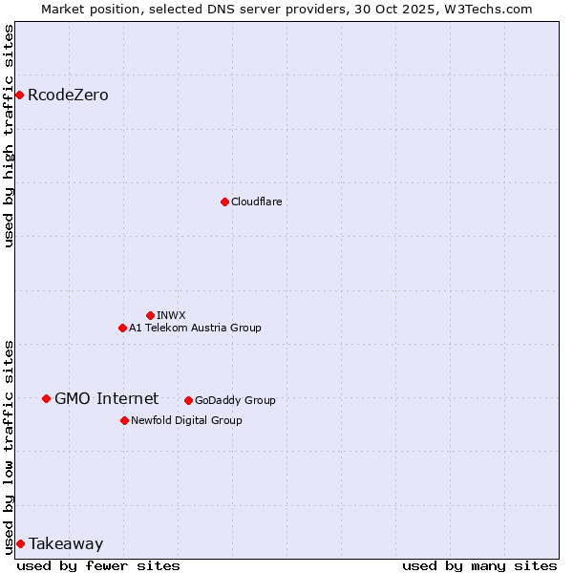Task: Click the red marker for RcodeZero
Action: (19, 95)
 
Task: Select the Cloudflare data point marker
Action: (224, 202)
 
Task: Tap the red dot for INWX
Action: (150, 315)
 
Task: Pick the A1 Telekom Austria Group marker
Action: (122, 328)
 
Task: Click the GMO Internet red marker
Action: (46, 398)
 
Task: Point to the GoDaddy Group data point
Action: (188, 400)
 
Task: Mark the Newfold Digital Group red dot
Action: (124, 420)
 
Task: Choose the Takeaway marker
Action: (20, 543)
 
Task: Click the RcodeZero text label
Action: (68, 95)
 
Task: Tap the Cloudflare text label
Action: (256, 202)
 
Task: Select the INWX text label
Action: (171, 315)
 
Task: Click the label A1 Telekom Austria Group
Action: (195, 328)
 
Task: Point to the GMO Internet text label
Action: (106, 398)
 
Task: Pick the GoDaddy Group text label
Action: (235, 400)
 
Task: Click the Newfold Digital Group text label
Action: (186, 420)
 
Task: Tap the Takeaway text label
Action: (66, 543)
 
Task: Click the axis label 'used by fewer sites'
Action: (98, 565)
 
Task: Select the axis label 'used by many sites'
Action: (479, 565)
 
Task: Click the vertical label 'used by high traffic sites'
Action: (9, 136)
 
